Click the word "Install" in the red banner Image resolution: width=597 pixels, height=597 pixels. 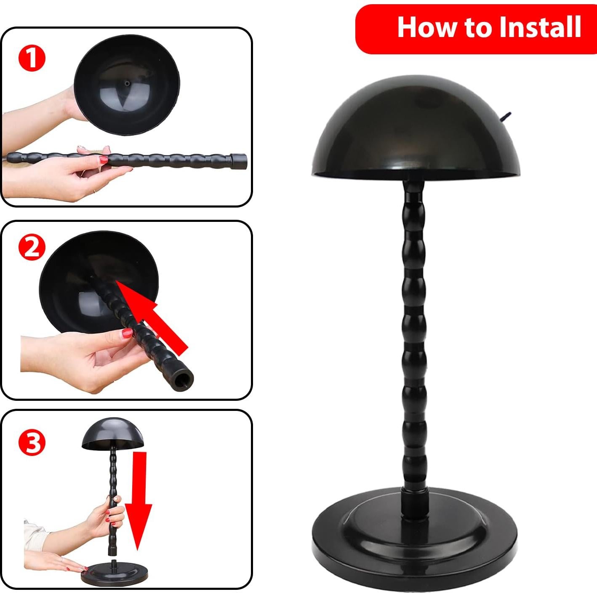[540, 27]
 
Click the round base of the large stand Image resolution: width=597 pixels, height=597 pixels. [415, 547]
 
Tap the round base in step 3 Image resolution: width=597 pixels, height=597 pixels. [114, 575]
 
